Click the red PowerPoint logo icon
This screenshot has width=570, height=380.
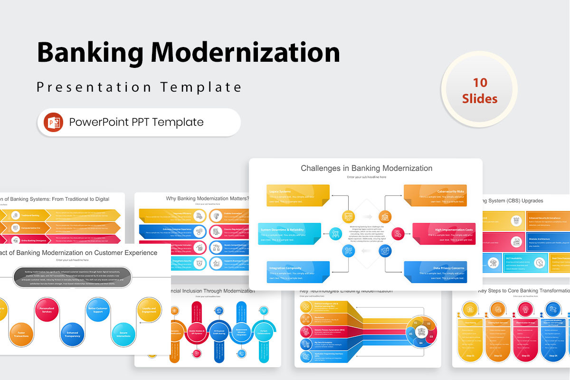click(53, 122)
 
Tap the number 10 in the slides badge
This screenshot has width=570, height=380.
click(480, 83)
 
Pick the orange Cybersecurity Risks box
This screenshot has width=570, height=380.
click(436, 196)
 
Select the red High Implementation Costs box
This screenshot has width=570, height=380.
click(444, 233)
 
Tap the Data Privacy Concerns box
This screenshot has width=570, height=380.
click(436, 272)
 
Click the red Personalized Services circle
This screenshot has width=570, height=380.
click(47, 312)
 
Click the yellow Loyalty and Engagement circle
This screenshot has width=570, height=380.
click(149, 310)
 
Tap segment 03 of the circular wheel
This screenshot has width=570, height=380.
click(431, 336)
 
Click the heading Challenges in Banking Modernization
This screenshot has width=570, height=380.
click(366, 168)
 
